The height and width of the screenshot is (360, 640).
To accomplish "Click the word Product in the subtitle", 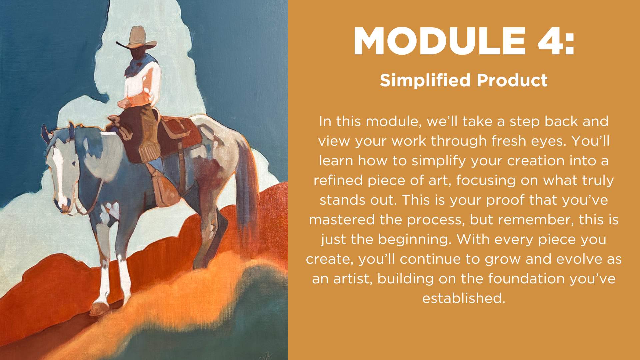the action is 512,80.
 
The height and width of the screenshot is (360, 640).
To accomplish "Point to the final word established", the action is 464,298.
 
